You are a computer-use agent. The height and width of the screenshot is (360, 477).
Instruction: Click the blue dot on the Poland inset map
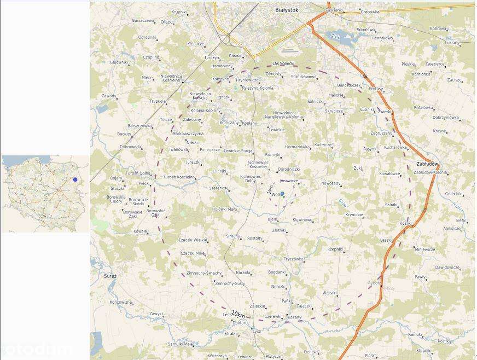[x=75, y=179]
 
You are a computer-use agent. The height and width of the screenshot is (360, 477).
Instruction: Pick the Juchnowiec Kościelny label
[x=258, y=165]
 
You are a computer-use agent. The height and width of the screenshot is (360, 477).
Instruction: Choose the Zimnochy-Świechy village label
[x=203, y=272]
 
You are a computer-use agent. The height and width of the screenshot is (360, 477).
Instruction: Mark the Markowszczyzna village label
[x=188, y=133]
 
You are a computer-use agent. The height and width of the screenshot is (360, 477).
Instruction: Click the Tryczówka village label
[x=293, y=259]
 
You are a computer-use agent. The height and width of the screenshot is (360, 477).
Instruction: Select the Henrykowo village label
[x=382, y=38]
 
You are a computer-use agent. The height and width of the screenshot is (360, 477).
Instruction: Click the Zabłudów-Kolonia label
[x=431, y=172]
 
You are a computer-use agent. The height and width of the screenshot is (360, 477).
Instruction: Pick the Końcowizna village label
[x=120, y=302]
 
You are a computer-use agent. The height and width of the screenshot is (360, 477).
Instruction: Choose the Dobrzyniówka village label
[x=445, y=117]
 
